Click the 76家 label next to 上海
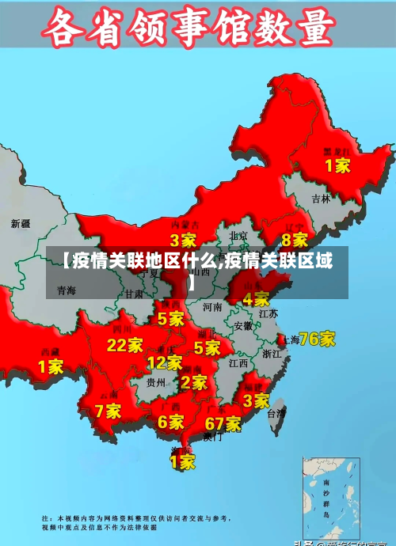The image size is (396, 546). [317, 339]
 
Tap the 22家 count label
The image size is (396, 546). [125, 345]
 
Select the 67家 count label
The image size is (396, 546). [223, 423]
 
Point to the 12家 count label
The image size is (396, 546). [165, 362]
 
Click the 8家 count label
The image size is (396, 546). [295, 239]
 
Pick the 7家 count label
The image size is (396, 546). [108, 411]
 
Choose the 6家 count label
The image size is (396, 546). [170, 423]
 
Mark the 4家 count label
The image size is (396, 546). [256, 299]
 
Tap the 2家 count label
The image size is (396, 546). [194, 382]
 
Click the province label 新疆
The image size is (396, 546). [21, 224]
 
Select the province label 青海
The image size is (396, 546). [67, 291]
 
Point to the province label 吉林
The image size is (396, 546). [321, 199]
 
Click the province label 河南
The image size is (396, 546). [212, 306]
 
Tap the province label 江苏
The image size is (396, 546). [268, 313]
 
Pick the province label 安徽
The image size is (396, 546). [243, 325]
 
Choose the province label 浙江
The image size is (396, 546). [271, 354]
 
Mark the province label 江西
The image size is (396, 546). [238, 364]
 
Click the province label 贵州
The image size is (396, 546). [155, 381]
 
